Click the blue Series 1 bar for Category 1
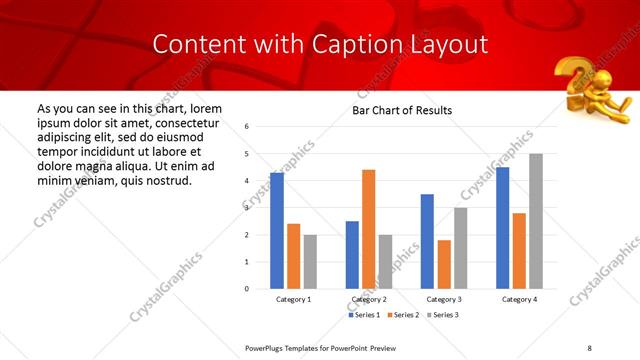tap(277, 231)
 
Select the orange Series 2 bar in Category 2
tap(368, 229)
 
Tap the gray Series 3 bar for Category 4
tap(536, 221)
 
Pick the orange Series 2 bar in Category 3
tap(444, 264)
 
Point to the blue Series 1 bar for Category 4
tap(502, 228)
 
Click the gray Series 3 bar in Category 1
tap(310, 262)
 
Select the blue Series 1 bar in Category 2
tap(352, 255)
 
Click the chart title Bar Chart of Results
tap(402, 110)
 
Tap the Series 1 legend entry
tap(364, 315)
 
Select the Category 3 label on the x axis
tap(444, 299)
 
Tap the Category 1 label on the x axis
tap(294, 299)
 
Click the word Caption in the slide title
tap(348, 44)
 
